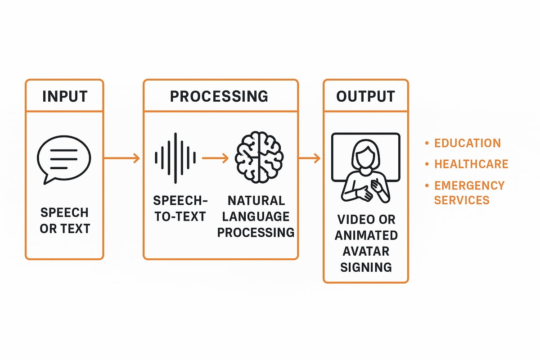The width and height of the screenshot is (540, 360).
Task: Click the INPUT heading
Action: click(x=64, y=96)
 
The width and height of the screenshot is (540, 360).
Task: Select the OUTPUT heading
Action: click(x=365, y=96)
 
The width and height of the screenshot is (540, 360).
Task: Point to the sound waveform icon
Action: click(x=175, y=158)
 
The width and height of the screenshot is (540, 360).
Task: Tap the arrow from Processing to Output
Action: click(x=310, y=158)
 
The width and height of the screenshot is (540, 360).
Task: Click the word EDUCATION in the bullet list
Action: click(x=467, y=143)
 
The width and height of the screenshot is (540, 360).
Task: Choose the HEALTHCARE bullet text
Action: click(x=471, y=164)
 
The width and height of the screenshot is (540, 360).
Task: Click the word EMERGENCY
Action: click(x=469, y=185)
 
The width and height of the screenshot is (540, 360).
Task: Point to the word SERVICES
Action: click(x=462, y=200)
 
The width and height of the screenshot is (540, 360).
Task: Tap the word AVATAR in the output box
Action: click(x=366, y=251)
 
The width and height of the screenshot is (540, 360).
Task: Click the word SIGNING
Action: click(x=366, y=267)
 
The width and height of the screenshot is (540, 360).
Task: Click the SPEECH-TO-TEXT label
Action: click(x=180, y=208)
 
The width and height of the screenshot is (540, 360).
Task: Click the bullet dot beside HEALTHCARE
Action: click(x=427, y=164)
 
